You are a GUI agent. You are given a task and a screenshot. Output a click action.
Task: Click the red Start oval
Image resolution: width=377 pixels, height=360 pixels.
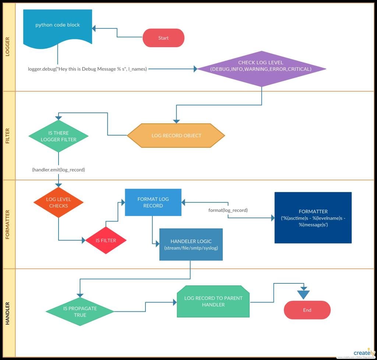(163, 38)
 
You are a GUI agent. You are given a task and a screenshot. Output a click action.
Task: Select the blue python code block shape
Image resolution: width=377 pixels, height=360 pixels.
(58, 28)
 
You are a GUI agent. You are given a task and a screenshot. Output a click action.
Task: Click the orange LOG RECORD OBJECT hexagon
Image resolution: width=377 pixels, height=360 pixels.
(176, 136)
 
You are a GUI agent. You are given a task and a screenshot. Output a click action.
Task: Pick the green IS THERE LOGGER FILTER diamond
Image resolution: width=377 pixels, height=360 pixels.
(59, 136)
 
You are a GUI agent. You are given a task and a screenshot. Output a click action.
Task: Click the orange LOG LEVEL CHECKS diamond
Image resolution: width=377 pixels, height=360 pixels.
(59, 202)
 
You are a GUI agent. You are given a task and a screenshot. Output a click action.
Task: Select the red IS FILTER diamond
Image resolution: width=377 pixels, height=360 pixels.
(106, 240)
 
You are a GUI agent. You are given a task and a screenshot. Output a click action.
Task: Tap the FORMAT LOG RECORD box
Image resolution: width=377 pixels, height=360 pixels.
(153, 202)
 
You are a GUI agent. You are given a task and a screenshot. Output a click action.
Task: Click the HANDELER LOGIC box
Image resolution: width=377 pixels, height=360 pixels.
(191, 244)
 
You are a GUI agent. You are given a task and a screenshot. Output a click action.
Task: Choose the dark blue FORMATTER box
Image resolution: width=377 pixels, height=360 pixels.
(313, 218)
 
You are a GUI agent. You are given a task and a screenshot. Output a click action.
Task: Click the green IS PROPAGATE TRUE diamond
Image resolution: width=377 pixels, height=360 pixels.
(80, 312)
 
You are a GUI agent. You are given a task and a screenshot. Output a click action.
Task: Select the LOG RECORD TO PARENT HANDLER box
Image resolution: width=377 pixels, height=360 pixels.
(213, 301)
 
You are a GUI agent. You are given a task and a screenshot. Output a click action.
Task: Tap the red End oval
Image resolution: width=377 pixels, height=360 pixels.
(307, 310)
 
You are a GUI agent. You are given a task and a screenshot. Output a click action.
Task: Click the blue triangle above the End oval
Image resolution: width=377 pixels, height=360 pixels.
(304, 294)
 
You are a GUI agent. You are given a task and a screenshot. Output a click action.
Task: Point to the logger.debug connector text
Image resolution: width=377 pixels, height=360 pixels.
(88, 69)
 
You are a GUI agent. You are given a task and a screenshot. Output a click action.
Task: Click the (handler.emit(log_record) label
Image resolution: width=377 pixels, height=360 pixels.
(59, 170)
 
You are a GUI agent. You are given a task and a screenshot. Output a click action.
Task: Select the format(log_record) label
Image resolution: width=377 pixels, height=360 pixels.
(228, 210)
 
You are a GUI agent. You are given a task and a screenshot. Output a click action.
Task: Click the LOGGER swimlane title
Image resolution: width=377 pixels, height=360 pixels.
(8, 47)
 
